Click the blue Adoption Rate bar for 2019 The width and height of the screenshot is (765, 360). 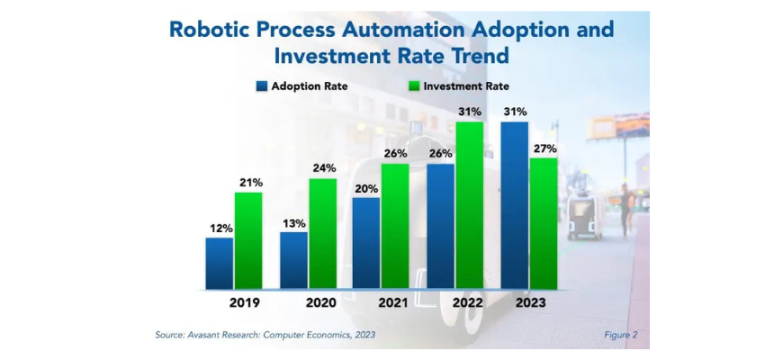pyautogui.click(x=219, y=264)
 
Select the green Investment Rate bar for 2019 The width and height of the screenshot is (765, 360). pyautogui.click(x=247, y=241)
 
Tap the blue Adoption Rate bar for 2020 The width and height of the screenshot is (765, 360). pyautogui.click(x=293, y=261)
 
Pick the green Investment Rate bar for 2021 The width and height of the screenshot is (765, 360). pyautogui.click(x=396, y=227)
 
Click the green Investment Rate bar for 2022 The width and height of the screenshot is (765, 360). pyautogui.click(x=470, y=206)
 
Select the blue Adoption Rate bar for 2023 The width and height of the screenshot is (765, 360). pyautogui.click(x=515, y=206)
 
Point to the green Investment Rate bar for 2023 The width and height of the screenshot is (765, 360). pyautogui.click(x=544, y=224)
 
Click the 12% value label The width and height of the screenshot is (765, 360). pyautogui.click(x=219, y=229)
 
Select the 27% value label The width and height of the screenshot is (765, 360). pyautogui.click(x=544, y=148)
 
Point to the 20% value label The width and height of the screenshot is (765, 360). pyautogui.click(x=366, y=188)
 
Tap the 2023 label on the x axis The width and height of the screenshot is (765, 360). pyautogui.click(x=531, y=303)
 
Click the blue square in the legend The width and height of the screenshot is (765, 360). pyautogui.click(x=261, y=86)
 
